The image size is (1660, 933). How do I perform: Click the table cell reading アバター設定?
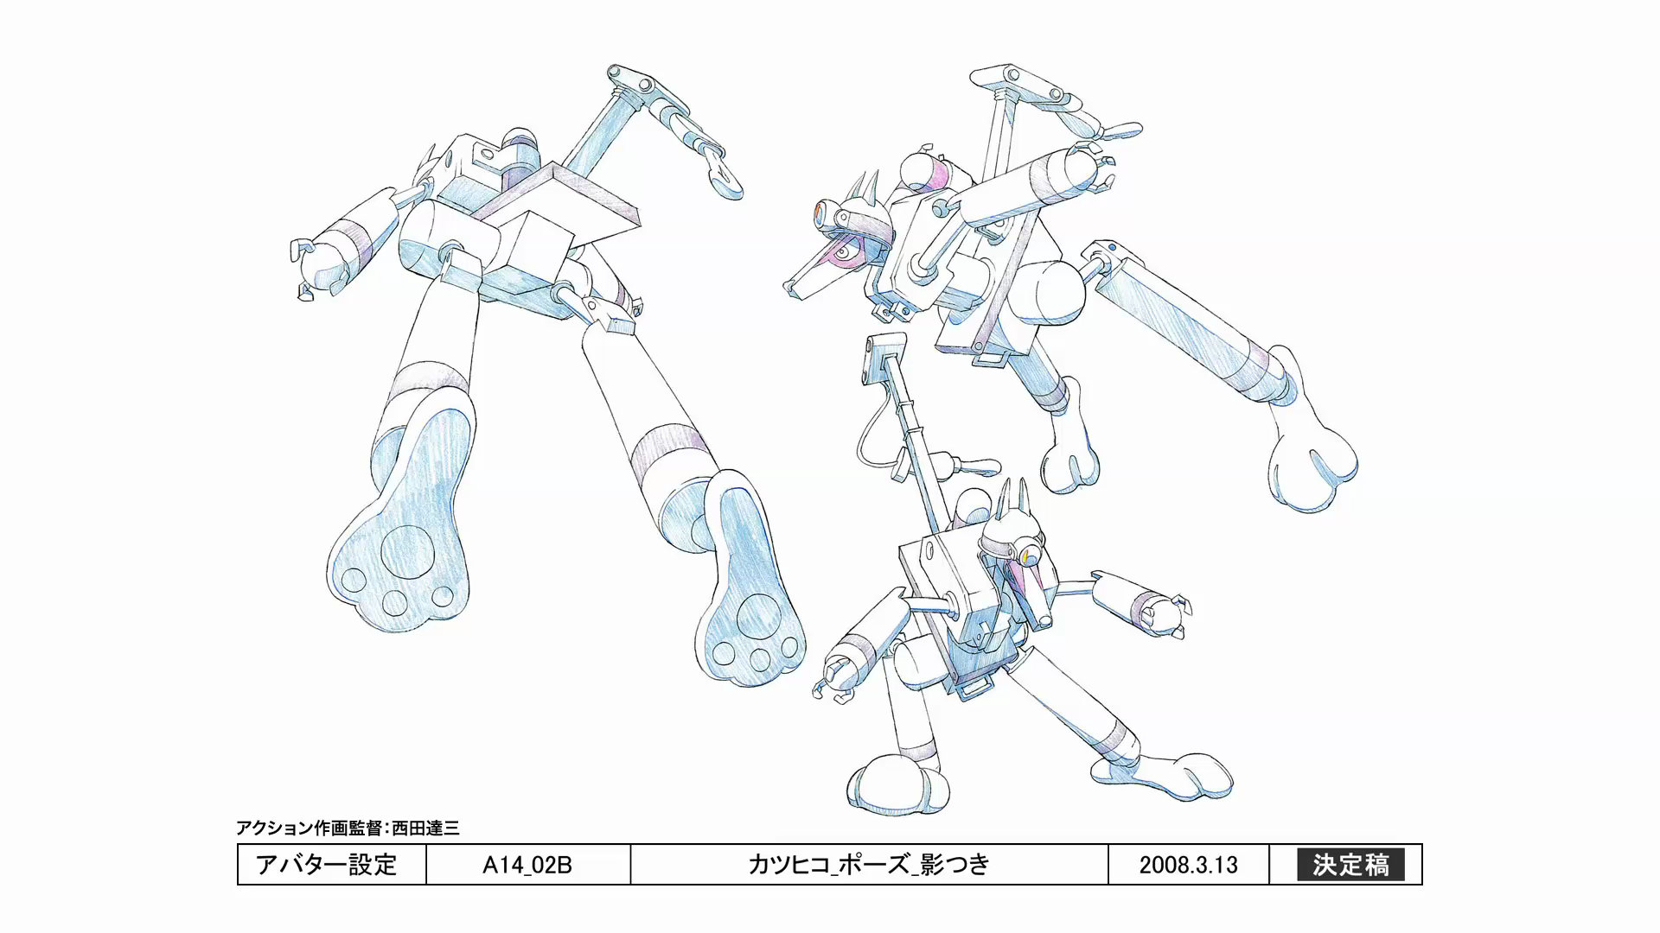click(327, 865)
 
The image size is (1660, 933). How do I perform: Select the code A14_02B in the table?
click(527, 865)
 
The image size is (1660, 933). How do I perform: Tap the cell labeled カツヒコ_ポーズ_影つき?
click(869, 865)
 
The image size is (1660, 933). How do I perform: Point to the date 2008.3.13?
click(1188, 865)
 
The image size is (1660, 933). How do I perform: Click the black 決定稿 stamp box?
click(1350, 865)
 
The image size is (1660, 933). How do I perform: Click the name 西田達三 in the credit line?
click(425, 828)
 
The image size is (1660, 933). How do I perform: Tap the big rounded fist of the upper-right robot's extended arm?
click(1313, 466)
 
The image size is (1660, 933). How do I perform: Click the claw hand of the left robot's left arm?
click(307, 268)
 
